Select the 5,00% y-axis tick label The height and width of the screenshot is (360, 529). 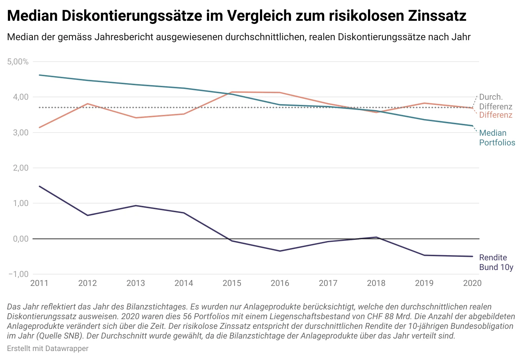(18, 62)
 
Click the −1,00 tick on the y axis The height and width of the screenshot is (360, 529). (18, 274)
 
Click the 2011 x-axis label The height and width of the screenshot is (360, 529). (39, 283)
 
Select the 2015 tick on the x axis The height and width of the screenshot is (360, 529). (232, 283)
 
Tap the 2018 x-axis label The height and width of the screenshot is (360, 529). (376, 283)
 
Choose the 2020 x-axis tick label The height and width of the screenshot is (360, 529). (472, 283)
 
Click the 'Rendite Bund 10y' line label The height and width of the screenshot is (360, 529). (496, 262)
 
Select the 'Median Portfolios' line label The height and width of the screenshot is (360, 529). (497, 138)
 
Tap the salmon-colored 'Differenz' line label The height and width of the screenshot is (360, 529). (495, 115)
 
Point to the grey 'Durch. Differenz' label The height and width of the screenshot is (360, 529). (495, 102)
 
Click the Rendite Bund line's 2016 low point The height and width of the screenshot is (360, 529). (280, 251)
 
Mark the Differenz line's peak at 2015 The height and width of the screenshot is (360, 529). (232, 92)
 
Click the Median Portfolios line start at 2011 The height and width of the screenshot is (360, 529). (39, 75)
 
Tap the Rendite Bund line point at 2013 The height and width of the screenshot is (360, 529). (136, 206)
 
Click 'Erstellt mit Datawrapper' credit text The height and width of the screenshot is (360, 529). (48, 349)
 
